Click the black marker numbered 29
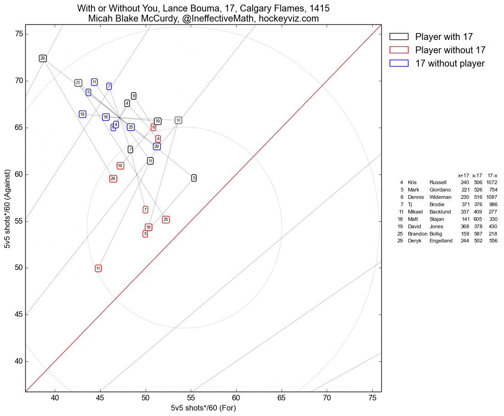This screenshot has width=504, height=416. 43,58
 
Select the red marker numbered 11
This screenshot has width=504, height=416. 98,268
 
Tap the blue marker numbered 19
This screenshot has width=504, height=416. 82,114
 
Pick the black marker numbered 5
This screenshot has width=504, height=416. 194,178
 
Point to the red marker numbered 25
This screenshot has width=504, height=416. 166,219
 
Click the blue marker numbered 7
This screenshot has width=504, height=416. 109,86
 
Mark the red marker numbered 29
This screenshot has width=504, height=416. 113,179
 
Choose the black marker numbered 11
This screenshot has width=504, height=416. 150,161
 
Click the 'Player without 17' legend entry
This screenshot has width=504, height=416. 450,50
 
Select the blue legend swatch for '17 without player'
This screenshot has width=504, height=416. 399,63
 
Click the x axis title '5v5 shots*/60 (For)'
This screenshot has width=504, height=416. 203,408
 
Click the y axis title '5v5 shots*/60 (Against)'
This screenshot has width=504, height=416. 7,208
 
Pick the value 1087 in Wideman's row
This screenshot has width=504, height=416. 492,197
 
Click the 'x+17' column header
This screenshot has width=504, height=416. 463,175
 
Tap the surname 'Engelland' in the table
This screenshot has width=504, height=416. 441,241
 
